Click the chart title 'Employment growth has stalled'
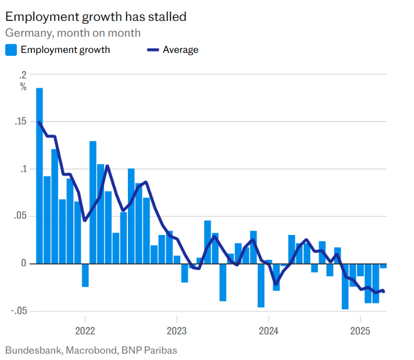click(x=96, y=16)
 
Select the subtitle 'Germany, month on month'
click(x=73, y=33)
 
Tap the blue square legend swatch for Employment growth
click(x=11, y=50)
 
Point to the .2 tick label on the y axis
click(x=23, y=74)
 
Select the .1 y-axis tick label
click(x=23, y=169)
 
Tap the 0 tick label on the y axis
click(x=24, y=263)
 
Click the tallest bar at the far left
click(x=40, y=174)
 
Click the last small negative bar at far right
click(x=383, y=266)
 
